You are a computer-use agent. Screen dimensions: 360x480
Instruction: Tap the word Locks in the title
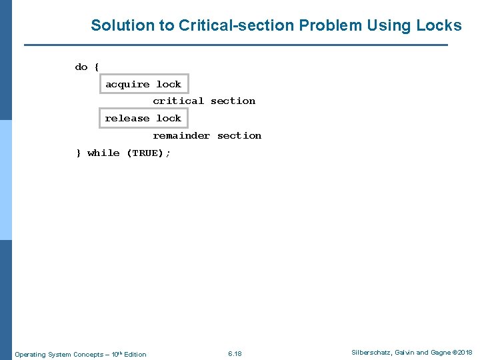pos(439,26)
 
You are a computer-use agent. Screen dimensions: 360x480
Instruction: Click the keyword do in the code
pos(81,67)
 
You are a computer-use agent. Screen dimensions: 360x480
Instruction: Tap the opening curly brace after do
pos(97,67)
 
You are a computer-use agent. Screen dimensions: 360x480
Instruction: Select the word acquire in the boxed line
pos(127,85)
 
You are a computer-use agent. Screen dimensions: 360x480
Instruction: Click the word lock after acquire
pos(169,85)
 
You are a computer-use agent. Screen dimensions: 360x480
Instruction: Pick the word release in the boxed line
pos(127,119)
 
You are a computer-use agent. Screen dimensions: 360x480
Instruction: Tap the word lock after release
pos(169,119)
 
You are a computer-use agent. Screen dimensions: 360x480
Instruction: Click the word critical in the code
pos(178,101)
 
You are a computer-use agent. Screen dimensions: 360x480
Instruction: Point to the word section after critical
pos(233,101)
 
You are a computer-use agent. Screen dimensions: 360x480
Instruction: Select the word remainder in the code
pos(181,136)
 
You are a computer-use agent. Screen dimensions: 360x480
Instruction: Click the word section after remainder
pos(239,136)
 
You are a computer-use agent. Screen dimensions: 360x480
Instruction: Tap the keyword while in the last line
pos(103,153)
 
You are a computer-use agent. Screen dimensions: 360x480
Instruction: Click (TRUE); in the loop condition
pos(148,153)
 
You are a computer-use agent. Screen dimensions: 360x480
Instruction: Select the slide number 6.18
pos(235,353)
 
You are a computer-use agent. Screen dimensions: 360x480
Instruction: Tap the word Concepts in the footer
pos(88,354)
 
